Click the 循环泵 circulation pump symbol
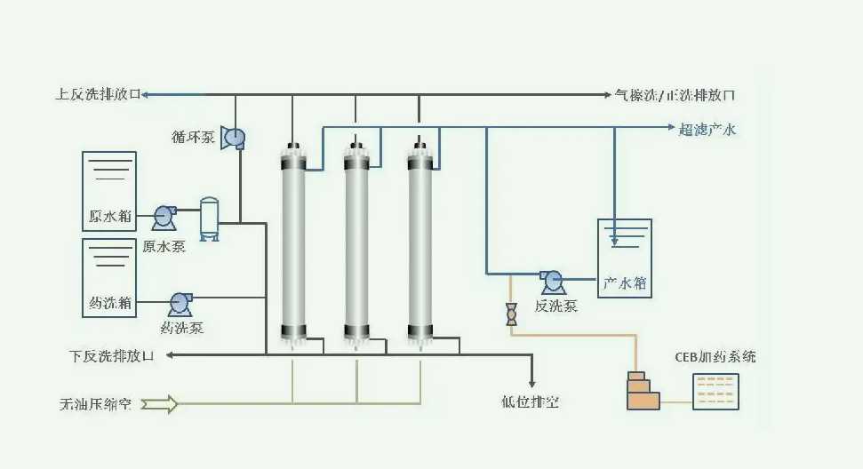click(234, 137)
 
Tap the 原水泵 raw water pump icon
click(164, 215)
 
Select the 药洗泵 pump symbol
click(180, 303)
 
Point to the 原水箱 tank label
click(108, 217)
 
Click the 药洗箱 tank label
click(108, 304)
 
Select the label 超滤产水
click(707, 130)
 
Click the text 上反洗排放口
click(97, 94)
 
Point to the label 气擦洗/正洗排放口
click(675, 94)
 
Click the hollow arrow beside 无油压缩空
click(160, 404)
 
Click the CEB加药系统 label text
click(715, 357)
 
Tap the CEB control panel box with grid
click(715, 391)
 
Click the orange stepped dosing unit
click(643, 391)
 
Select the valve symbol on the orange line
click(511, 314)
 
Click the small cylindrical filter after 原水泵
click(210, 219)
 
